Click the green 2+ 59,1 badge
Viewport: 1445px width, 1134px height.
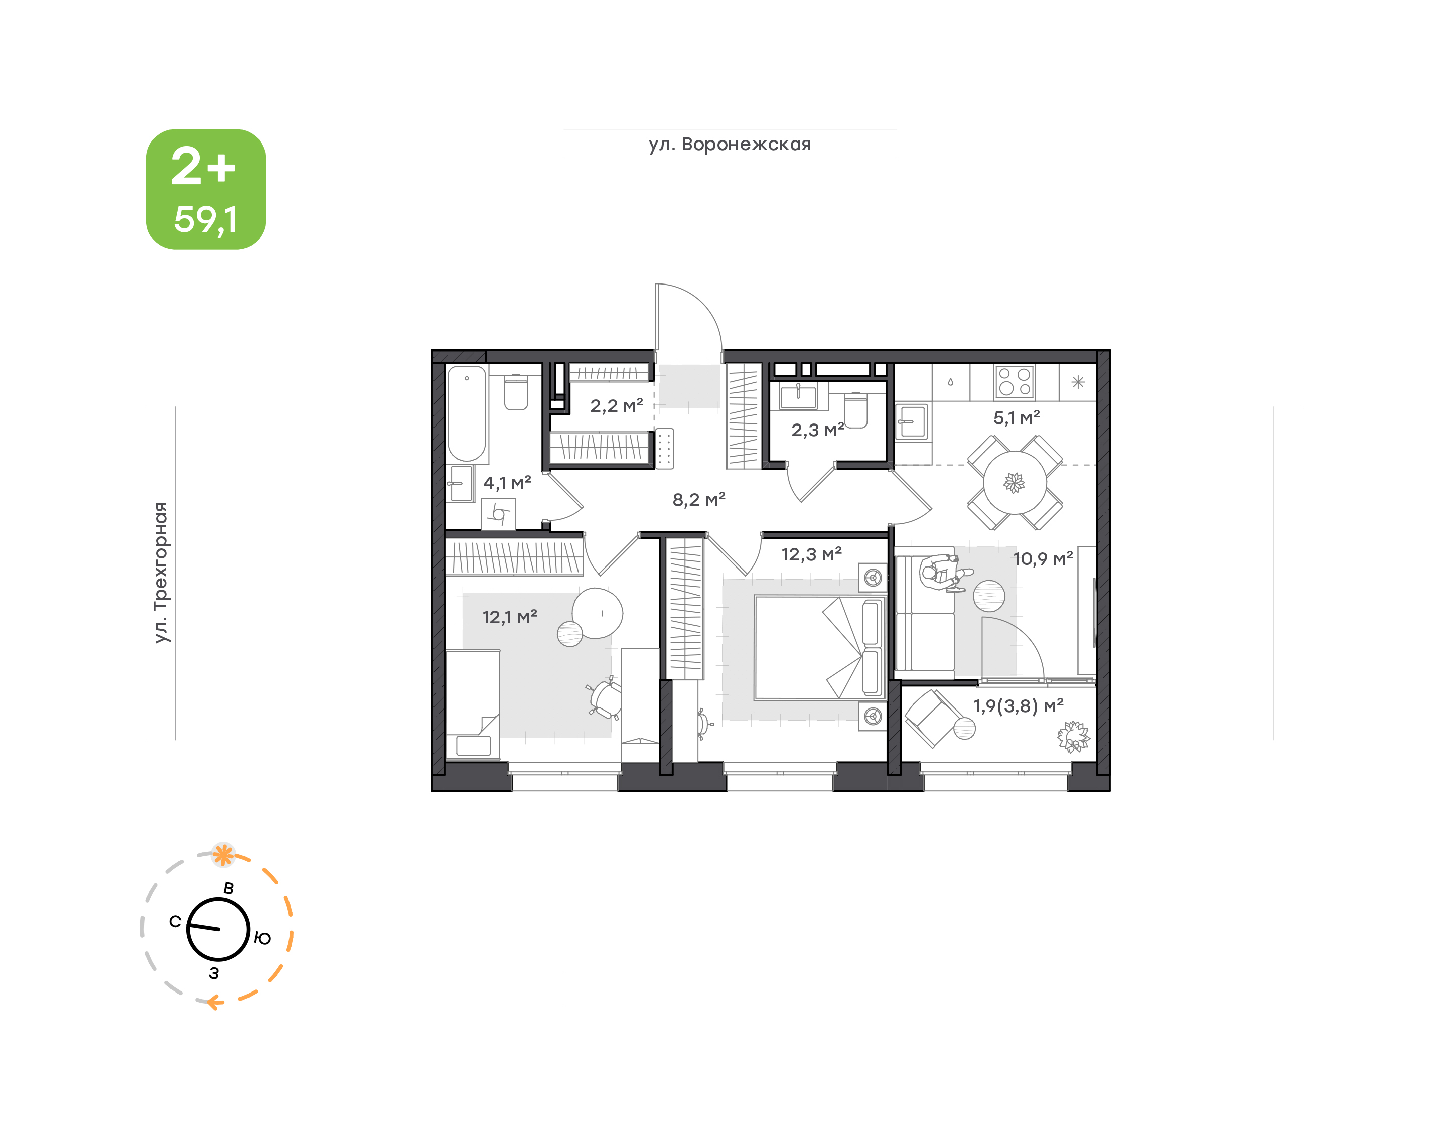click(206, 189)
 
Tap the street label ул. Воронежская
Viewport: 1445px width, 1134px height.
click(730, 144)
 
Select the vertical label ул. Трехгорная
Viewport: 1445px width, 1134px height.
click(161, 573)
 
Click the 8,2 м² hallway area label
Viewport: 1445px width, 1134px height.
click(699, 499)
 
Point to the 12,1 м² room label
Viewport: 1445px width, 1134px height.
click(510, 617)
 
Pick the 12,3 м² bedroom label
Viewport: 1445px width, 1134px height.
click(811, 554)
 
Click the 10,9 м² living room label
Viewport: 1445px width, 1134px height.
click(1043, 558)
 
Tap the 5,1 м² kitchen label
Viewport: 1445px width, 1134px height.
click(1016, 417)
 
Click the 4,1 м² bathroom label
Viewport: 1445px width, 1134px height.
click(507, 483)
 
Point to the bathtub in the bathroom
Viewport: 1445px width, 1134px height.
click(467, 413)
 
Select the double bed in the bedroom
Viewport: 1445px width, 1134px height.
click(820, 648)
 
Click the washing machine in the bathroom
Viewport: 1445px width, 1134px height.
click(499, 514)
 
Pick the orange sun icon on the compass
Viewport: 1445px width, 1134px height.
click(223, 855)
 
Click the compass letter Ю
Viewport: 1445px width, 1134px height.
click(263, 938)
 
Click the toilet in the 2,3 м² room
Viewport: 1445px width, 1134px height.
click(855, 411)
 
